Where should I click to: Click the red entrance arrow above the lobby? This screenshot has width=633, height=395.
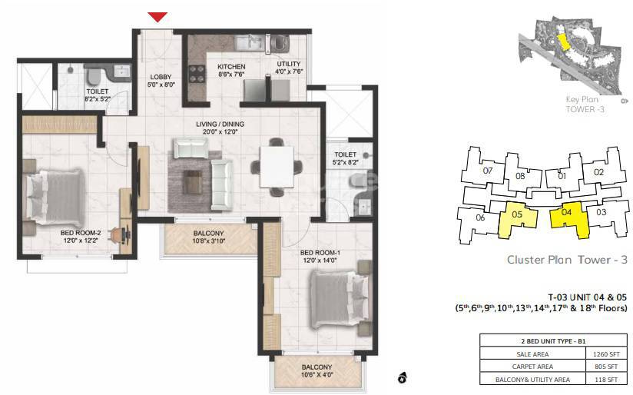(157, 17)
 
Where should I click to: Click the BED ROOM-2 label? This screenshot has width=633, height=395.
(80, 234)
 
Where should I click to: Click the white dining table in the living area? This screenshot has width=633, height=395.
(275, 164)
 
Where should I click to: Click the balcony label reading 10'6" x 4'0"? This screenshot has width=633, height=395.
(316, 371)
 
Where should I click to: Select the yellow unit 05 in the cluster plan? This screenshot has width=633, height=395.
(515, 219)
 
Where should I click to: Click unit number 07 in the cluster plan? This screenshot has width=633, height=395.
(486, 171)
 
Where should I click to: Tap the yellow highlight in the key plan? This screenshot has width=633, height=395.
(563, 41)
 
